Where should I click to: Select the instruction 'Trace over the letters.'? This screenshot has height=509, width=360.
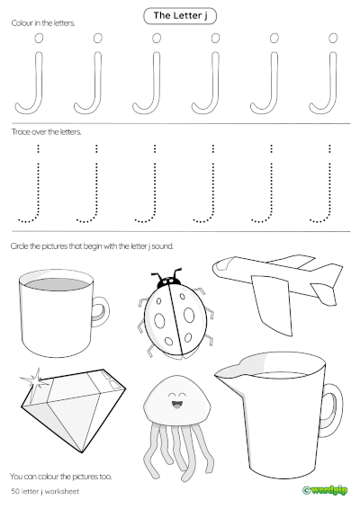click(46, 131)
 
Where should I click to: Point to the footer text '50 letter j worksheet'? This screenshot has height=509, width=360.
click(44, 491)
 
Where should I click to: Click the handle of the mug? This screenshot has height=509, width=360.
click(103, 311)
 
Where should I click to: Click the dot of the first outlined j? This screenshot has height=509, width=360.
click(37, 39)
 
